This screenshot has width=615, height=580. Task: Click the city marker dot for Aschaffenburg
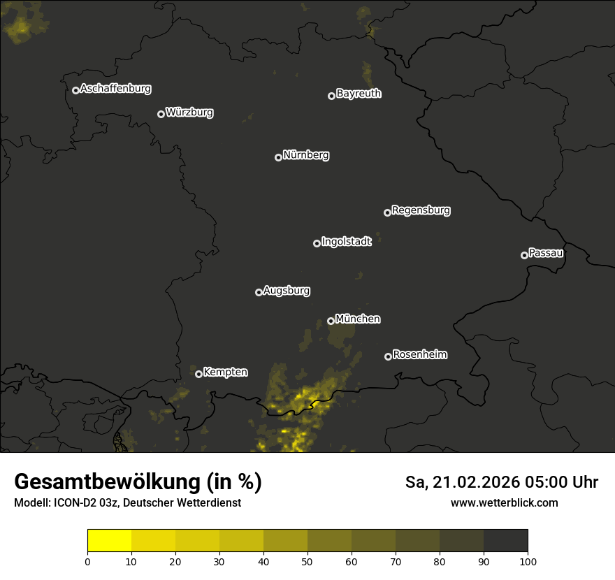[75, 90]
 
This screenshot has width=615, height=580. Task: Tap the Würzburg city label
[189, 113]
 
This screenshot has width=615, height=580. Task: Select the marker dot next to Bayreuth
[331, 96]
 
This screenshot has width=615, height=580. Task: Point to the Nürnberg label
[305, 155]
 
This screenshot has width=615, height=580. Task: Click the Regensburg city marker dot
[387, 212]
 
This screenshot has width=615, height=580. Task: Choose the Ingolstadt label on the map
[346, 242]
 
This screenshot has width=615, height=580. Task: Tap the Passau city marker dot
[524, 255]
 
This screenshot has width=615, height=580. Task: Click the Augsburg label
[287, 291]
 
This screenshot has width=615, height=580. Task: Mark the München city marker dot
[331, 321]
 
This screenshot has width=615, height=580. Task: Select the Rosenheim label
[419, 355]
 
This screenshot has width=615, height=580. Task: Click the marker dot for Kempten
[198, 374]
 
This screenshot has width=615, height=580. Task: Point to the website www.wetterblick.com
[504, 502]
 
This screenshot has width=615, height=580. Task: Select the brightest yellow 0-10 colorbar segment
[109, 541]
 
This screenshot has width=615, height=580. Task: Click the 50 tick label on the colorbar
[307, 561]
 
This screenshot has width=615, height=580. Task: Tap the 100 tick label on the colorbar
[528, 561]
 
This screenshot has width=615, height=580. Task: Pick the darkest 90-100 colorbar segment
[505, 541]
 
